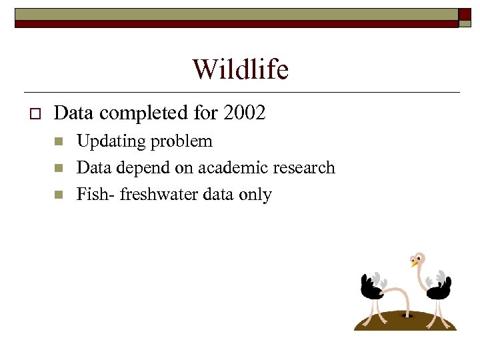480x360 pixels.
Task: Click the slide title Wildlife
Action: tap(240, 69)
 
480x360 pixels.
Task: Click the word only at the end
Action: tap(257, 194)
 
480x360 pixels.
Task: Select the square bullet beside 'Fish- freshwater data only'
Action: tap(59, 195)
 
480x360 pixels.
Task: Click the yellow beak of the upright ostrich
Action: tap(414, 263)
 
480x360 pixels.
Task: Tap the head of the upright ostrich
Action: tap(418, 259)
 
